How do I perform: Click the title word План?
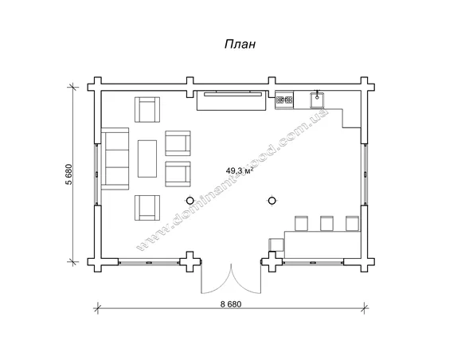click(240, 44)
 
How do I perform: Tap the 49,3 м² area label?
click(240, 170)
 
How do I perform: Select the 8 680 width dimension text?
click(231, 304)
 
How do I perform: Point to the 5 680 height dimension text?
click(68, 174)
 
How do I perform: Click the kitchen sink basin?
click(317, 100)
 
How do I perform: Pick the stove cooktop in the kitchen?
click(284, 100)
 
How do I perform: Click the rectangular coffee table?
click(147, 158)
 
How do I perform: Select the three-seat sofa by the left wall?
click(115, 158)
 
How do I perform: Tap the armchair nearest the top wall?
click(147, 109)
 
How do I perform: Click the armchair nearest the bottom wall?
click(147, 208)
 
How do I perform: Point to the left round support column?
click(190, 201)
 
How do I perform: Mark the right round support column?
click(272, 201)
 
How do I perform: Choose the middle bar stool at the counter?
click(326, 223)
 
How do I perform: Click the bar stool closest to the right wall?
click(352, 223)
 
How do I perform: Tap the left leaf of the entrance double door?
click(217, 282)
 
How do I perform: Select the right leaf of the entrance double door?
click(246, 282)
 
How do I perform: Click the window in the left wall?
click(96, 174)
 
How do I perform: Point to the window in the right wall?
click(365, 174)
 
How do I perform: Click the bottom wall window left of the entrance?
click(149, 262)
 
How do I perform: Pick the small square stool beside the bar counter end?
click(276, 245)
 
